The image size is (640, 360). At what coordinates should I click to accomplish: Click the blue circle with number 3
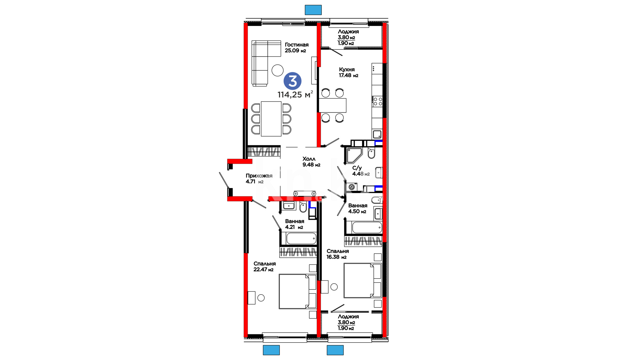(292, 81)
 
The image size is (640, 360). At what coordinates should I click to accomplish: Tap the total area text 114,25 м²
(295, 94)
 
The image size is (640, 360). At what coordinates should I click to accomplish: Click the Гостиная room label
(297, 48)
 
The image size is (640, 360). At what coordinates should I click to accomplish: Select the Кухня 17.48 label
(348, 72)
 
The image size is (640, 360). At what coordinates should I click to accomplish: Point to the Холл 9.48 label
(311, 162)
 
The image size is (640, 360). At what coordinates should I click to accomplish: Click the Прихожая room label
(259, 179)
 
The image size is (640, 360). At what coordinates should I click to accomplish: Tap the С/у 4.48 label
(361, 171)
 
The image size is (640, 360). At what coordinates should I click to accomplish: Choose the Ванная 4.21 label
(295, 224)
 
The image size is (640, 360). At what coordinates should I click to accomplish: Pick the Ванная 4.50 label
(358, 208)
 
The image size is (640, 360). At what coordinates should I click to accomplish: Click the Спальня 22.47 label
(265, 266)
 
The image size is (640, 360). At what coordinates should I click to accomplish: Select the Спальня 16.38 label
(338, 254)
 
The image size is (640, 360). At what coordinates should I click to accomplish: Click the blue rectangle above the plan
(313, 10)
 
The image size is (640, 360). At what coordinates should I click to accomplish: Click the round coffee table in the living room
(277, 70)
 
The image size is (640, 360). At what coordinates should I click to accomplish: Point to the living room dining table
(271, 119)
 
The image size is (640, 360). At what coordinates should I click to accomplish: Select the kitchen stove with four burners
(378, 101)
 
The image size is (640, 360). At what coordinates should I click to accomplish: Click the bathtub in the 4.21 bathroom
(301, 238)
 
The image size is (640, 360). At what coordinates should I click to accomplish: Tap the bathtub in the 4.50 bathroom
(367, 227)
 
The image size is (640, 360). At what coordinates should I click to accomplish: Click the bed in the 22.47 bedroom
(297, 291)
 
